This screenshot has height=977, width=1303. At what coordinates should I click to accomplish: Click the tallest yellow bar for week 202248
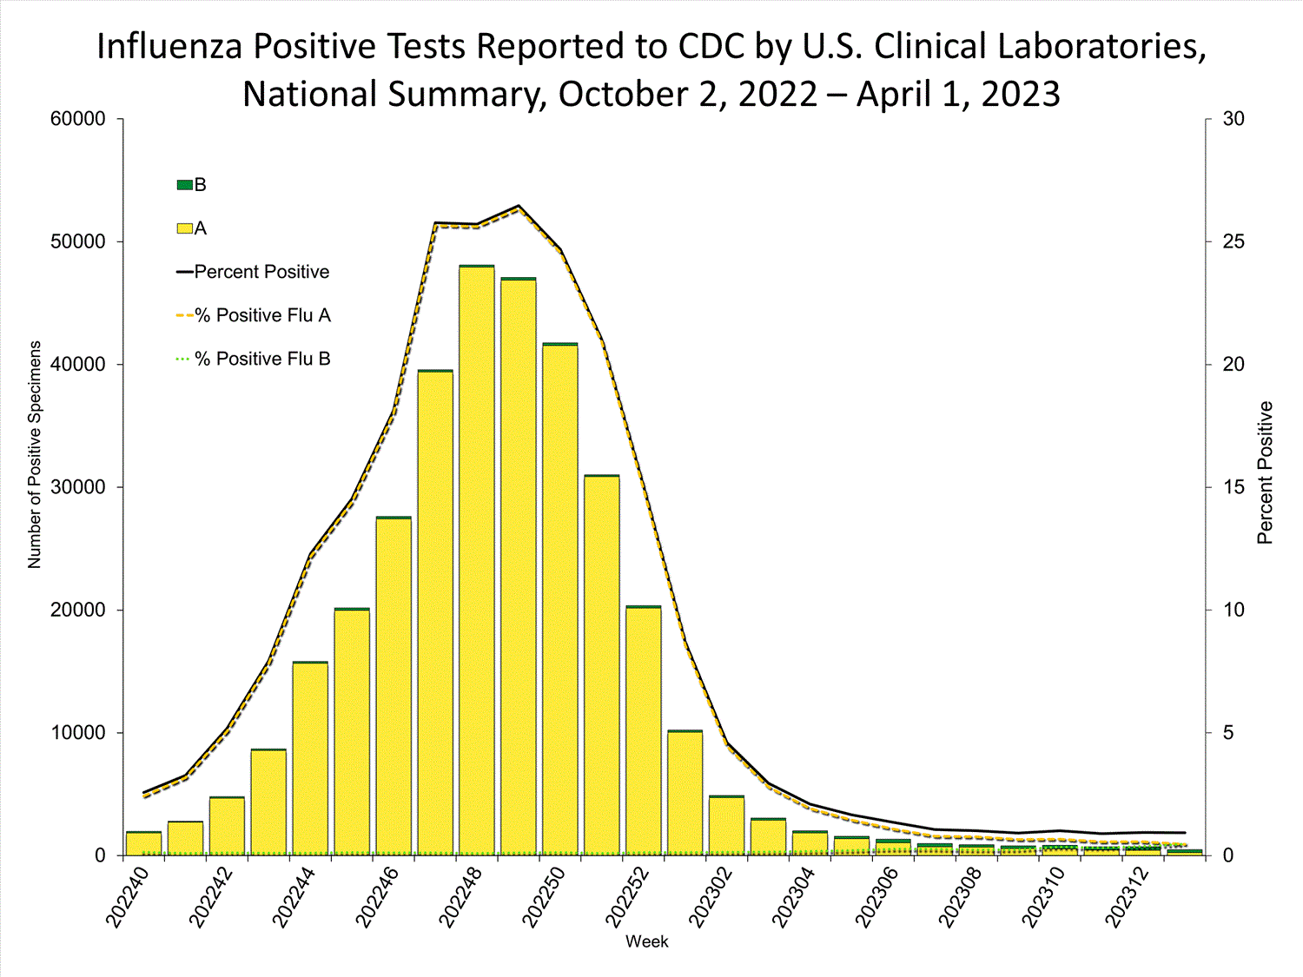477,560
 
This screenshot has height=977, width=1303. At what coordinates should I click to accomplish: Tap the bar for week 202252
644,730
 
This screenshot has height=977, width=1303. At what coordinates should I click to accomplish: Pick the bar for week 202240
143,843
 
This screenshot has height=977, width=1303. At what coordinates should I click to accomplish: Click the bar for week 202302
726,825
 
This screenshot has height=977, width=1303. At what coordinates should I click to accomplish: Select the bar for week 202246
394,686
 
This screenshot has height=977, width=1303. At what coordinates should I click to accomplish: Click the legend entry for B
192,185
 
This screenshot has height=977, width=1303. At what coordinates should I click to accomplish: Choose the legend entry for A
192,228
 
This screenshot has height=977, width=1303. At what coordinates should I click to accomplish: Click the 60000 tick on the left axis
78,119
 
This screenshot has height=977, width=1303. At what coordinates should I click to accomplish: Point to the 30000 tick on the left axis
78,487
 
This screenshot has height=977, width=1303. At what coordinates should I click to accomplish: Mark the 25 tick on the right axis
1234,241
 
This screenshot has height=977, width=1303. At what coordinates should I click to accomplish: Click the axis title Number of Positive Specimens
35,454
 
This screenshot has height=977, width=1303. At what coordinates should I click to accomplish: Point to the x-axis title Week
647,941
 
